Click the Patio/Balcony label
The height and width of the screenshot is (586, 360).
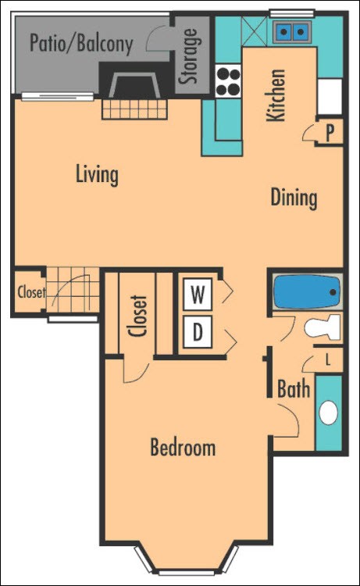click(80, 42)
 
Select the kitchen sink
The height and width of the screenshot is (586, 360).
click(290, 32)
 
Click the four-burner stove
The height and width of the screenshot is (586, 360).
click(227, 80)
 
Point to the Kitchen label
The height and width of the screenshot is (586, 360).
click(276, 95)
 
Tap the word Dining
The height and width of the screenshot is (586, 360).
click(294, 198)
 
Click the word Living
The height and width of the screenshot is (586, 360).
click(97, 174)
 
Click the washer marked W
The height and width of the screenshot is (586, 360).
click(198, 295)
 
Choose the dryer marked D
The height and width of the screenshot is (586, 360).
click(198, 333)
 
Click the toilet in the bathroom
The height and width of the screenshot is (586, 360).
click(325, 327)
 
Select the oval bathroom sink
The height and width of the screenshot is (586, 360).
click(330, 413)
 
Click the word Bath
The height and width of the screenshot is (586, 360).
click(294, 389)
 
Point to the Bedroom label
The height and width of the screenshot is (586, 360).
click(183, 448)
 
